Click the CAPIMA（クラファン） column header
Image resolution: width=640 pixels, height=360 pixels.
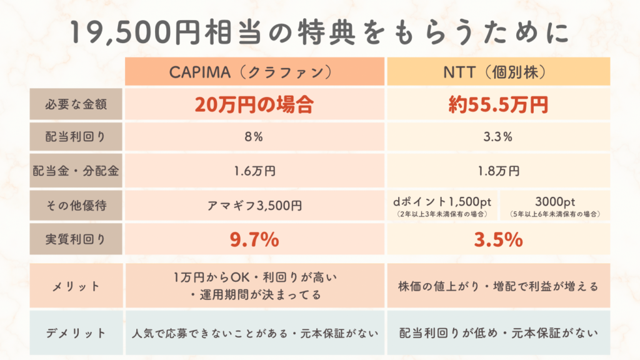(254, 71)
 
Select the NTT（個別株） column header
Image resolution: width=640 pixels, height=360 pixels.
(497, 71)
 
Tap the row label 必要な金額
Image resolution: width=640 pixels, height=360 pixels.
(76, 104)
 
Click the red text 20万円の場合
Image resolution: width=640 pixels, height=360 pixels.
(254, 104)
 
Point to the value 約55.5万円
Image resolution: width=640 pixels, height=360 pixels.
(497, 104)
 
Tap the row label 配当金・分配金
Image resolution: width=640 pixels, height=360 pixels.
(76, 171)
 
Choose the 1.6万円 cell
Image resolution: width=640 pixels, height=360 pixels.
(254, 171)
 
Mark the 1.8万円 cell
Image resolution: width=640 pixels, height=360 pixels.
(497, 171)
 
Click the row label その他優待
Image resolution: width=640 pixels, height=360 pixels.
(76, 204)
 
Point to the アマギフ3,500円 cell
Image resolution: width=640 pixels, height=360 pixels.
(254, 204)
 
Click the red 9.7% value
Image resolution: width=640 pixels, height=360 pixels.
(254, 239)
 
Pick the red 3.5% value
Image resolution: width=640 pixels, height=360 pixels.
(497, 239)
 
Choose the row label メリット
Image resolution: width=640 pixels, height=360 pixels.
(76, 286)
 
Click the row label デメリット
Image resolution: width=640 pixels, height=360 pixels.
(76, 332)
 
